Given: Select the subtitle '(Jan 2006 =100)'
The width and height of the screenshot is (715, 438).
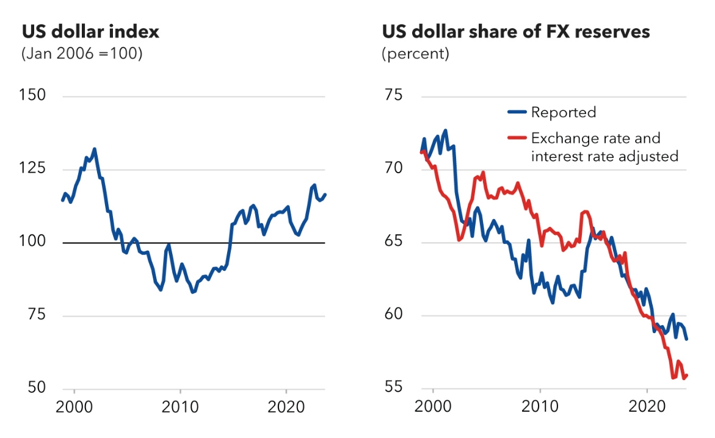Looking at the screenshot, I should click(x=82, y=54).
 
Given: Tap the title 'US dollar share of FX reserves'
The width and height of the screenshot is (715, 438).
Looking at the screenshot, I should click(x=516, y=31).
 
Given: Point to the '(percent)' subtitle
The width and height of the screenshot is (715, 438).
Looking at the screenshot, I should click(x=415, y=54).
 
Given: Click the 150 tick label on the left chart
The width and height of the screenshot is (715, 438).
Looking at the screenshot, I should click(x=34, y=96).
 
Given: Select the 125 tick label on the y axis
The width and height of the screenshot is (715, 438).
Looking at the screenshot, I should click(x=34, y=169).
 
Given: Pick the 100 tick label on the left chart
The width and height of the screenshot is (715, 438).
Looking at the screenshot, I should click(x=34, y=242).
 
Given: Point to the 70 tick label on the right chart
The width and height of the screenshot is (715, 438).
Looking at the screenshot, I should click(x=394, y=169).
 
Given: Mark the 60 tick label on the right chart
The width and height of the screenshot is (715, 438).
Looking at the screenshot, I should click(x=394, y=315).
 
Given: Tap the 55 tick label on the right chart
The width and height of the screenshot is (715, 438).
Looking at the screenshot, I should click(x=394, y=388).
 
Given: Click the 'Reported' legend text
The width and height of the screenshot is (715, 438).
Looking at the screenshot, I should click(x=563, y=112).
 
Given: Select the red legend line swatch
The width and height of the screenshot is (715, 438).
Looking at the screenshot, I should click(x=518, y=138).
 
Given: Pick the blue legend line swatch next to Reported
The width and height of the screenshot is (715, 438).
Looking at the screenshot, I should click(x=518, y=112).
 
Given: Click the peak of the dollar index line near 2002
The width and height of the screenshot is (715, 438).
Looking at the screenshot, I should click(x=94, y=148).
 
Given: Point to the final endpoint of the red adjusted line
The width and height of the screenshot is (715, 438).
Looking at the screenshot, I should click(x=687, y=375).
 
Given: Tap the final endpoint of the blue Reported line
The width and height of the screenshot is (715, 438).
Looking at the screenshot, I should click(x=687, y=339).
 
